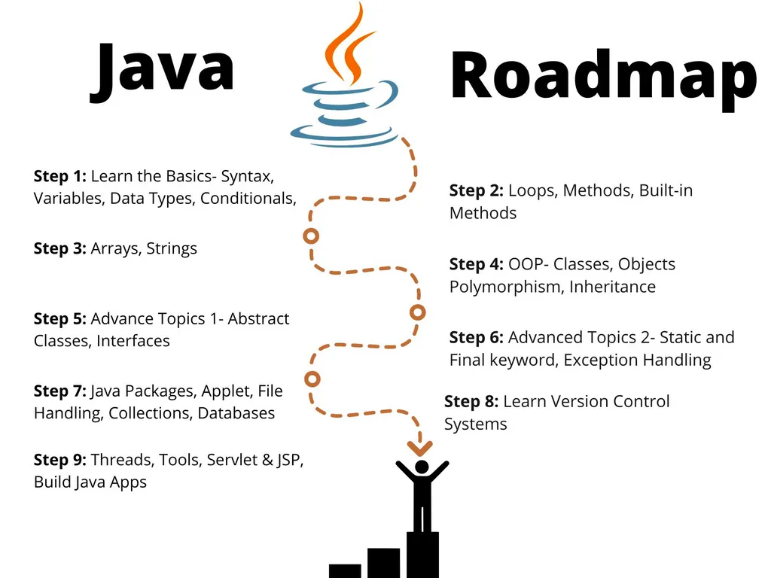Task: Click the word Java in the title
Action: pos(162,69)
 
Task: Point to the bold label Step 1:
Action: pos(60,176)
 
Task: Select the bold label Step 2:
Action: pos(476,190)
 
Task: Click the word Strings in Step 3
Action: pos(172,248)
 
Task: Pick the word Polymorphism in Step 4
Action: pos(505,287)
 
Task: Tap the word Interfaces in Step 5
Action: pos(133,341)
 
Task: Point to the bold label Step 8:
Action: pos(471,401)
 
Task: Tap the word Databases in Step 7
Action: pos(236,413)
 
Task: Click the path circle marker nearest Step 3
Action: pos(311,236)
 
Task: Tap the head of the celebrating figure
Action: pos(422,467)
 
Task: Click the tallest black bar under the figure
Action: pos(422,555)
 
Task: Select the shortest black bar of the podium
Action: pos(345,570)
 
